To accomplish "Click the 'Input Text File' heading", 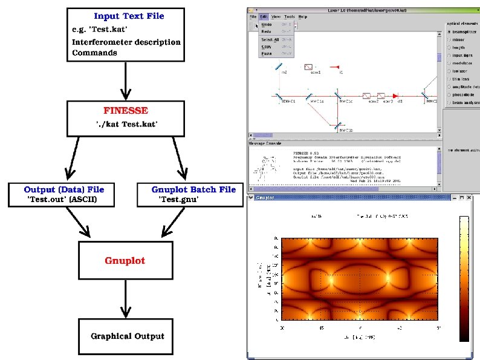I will [129, 16].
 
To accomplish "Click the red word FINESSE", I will [125, 111].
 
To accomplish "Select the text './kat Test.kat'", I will [125, 123].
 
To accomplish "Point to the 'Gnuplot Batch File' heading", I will [193, 189].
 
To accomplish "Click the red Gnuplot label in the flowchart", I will [125, 261].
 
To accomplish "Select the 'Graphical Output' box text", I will [127, 336].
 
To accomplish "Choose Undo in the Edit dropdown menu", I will [267, 25].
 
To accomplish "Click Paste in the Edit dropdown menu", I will [266, 54].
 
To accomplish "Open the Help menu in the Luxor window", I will [303, 17].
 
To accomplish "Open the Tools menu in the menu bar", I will [290, 17].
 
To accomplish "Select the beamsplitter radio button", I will [448, 31].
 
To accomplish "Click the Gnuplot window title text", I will [266, 198].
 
